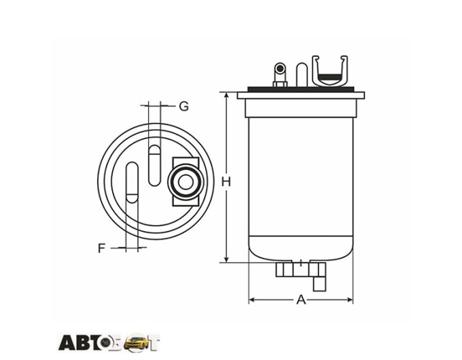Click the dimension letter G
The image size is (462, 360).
[184, 106]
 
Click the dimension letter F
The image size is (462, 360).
[101, 248]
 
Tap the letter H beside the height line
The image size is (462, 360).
[226, 182]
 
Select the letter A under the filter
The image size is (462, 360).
[301, 300]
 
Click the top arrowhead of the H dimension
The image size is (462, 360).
[226, 95]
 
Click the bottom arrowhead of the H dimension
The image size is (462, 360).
[226, 259]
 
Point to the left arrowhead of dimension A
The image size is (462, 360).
[251, 300]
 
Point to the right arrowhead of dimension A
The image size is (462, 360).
[350, 300]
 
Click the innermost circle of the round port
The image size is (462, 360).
[185, 182]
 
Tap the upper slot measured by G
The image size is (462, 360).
[154, 166]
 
